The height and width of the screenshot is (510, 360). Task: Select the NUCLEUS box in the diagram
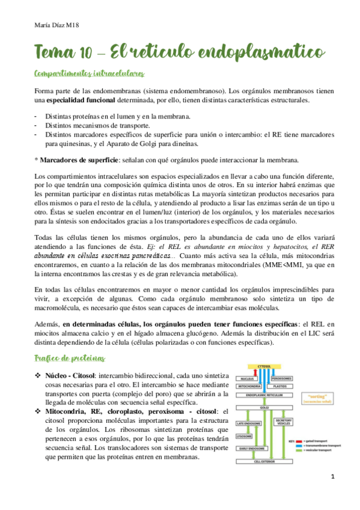pos(248,378)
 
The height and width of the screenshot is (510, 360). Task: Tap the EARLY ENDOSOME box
pos(249,449)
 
